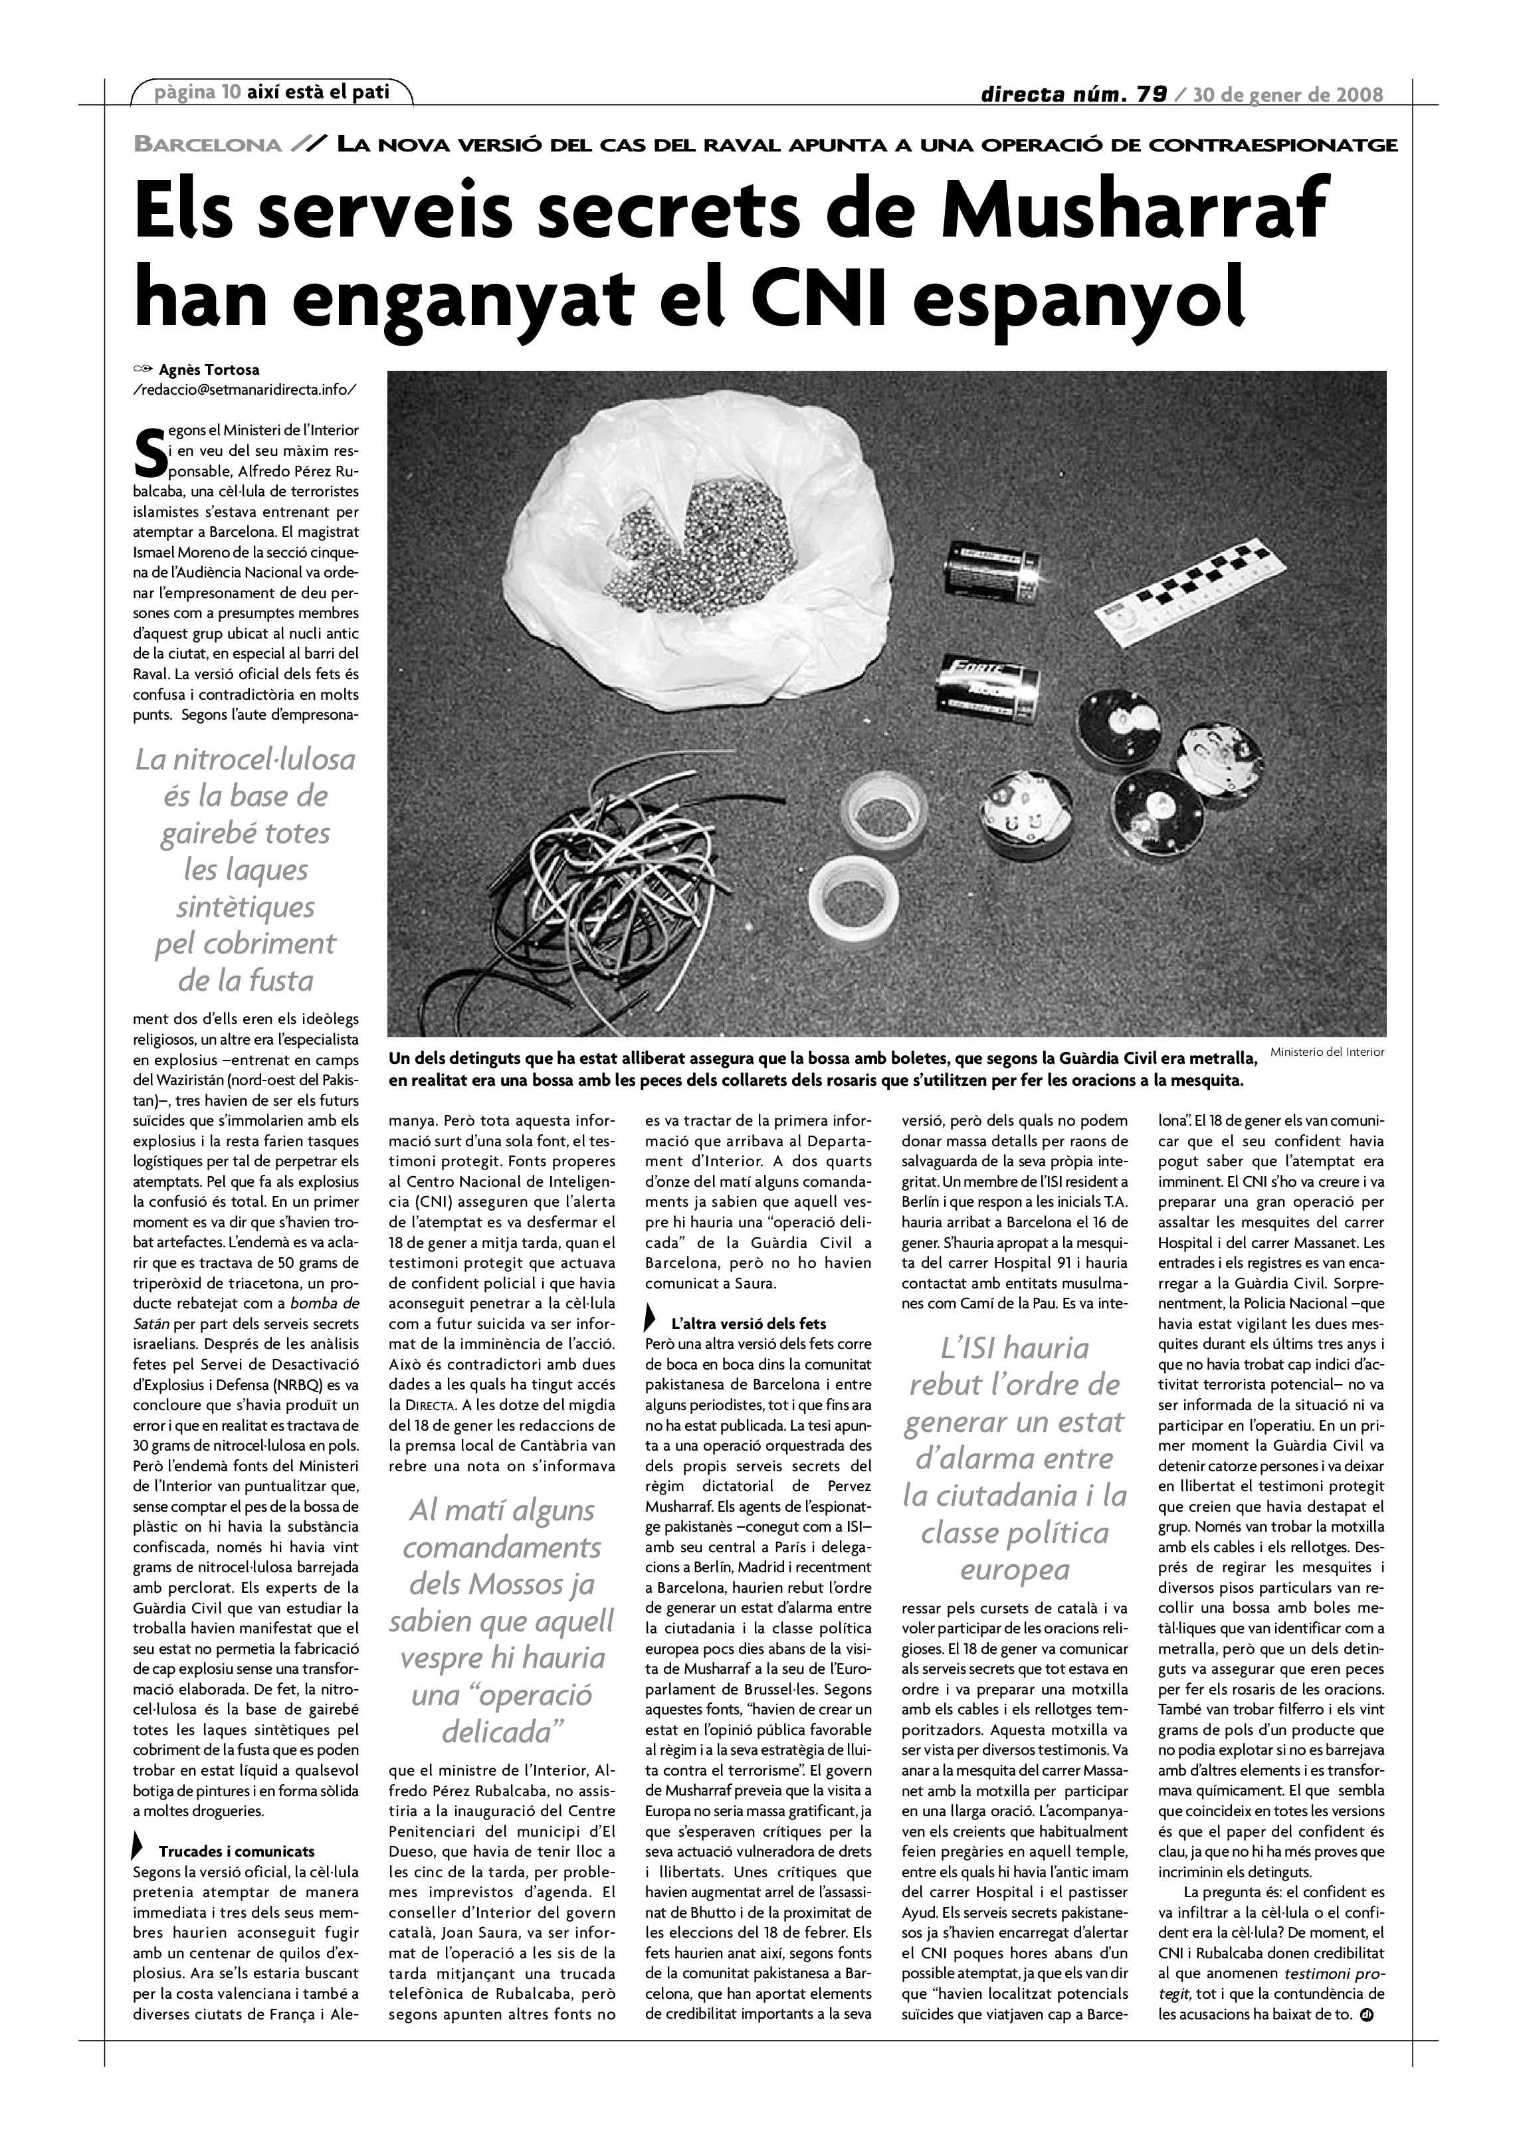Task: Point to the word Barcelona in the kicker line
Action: click(x=207, y=145)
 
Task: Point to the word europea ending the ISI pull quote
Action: click(x=1015, y=1570)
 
